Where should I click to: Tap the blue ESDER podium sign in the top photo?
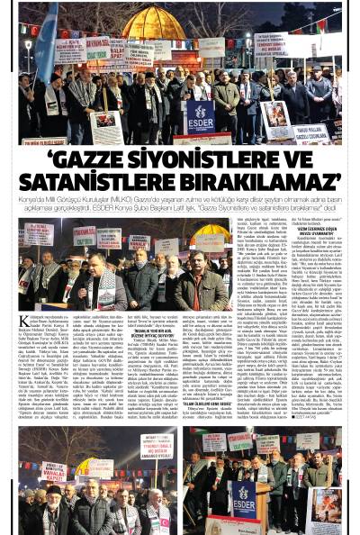click(201, 116)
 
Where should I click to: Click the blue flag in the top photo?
click(43, 45)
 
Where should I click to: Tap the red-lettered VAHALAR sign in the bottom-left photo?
click(55, 473)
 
